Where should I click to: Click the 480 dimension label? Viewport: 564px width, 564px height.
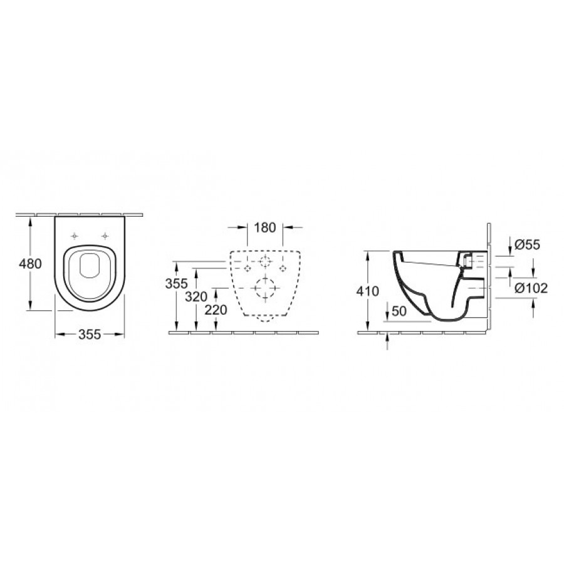click(x=30, y=264)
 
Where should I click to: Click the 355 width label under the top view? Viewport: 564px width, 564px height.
click(x=90, y=335)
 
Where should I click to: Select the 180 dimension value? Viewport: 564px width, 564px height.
click(x=265, y=227)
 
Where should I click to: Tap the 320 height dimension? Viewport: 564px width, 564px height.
click(x=196, y=297)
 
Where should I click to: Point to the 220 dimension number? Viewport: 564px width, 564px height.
click(x=216, y=310)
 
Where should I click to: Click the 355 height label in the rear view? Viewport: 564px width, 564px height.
click(x=176, y=284)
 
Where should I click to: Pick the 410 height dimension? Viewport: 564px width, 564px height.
click(x=368, y=291)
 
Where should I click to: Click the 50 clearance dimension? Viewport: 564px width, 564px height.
click(x=399, y=311)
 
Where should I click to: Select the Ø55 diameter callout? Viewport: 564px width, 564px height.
click(x=527, y=245)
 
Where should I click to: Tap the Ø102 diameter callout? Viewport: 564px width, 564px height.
click(x=531, y=288)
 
